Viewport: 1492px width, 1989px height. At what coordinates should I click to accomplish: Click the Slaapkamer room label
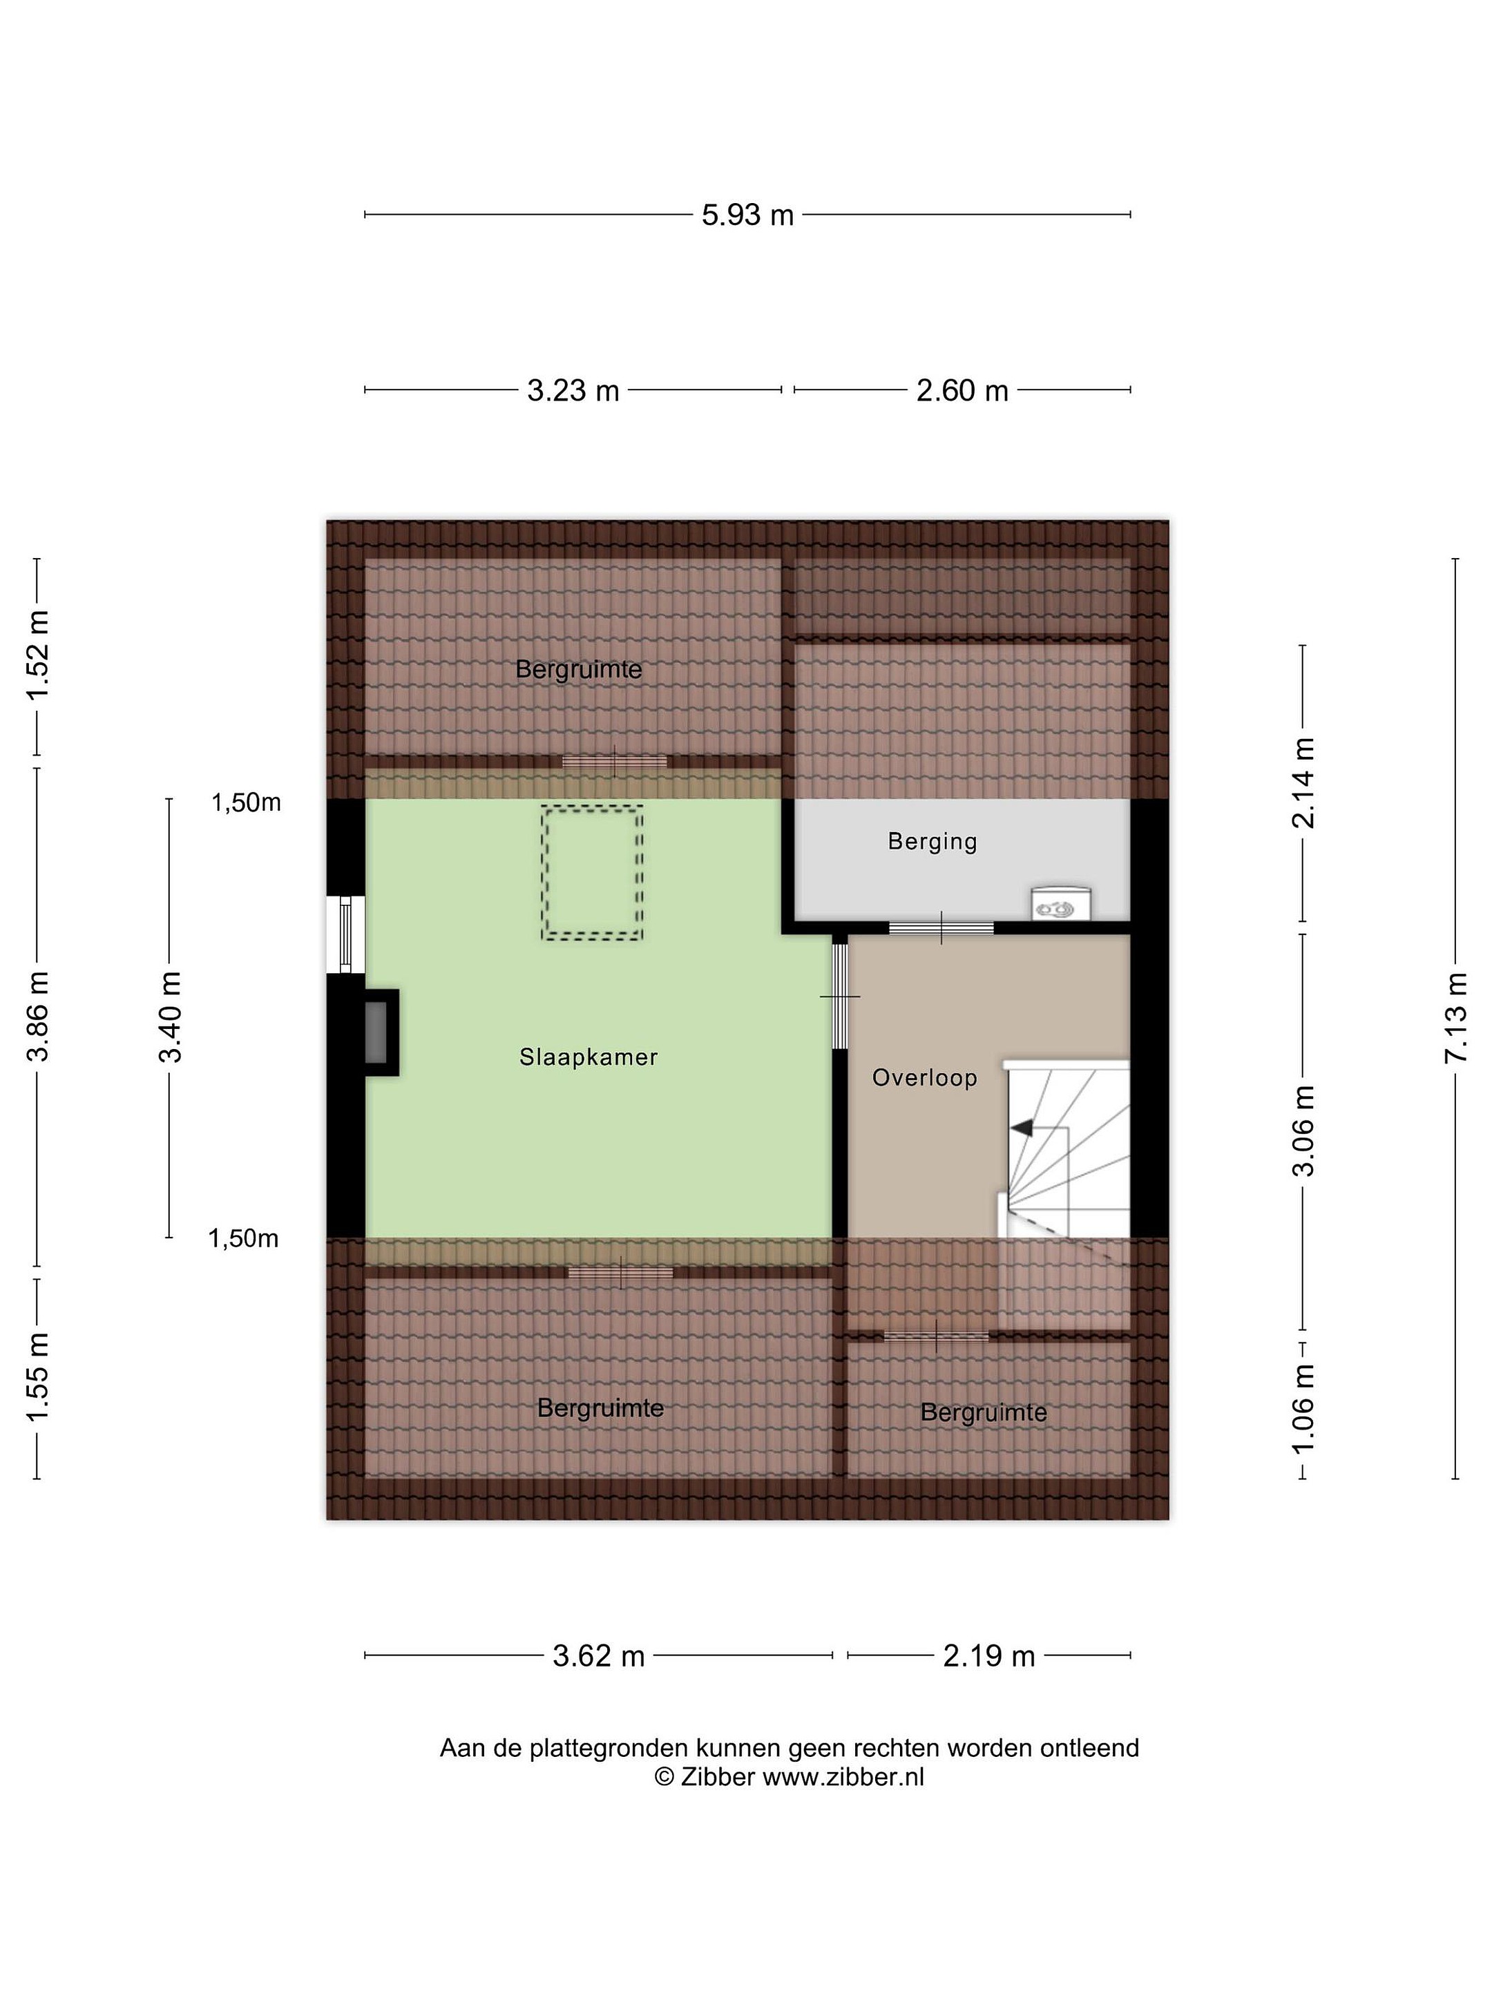[x=589, y=1057]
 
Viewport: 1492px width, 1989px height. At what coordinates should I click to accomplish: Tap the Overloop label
[x=924, y=1077]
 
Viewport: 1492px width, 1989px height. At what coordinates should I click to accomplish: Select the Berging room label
[x=932, y=842]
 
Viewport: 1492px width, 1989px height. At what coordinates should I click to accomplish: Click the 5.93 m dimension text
[x=747, y=215]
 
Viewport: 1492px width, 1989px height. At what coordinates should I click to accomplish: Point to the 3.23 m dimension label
[x=573, y=390]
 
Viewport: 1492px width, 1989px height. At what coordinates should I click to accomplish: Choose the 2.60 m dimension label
[x=962, y=390]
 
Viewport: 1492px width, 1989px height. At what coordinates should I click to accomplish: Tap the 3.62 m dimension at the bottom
[x=598, y=1655]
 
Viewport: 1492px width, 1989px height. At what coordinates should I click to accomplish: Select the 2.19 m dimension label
[x=989, y=1655]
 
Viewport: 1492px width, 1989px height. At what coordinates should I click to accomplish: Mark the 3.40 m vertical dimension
[x=170, y=1017]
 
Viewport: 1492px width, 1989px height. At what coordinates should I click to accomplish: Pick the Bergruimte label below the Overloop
[x=984, y=1412]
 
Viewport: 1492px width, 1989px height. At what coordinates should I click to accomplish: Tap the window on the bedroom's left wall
[x=345, y=934]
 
